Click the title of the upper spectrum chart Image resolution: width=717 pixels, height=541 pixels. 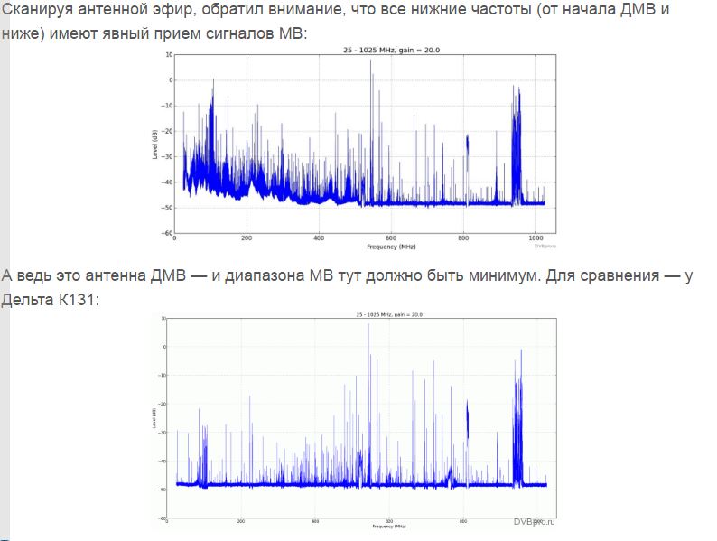(364, 48)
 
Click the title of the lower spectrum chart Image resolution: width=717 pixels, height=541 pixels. (363, 312)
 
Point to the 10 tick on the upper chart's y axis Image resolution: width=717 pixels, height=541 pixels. (168, 55)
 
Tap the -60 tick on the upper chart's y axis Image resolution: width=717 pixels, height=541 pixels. (167, 233)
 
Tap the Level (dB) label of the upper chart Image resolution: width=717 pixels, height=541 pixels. (155, 145)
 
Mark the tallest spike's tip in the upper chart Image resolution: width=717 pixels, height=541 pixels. (371, 60)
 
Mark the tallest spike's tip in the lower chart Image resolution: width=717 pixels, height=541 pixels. (368, 323)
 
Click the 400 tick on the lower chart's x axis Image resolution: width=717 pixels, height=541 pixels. (314, 521)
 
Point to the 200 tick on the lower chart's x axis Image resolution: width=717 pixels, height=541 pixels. (240, 521)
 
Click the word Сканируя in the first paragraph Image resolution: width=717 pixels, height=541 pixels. (38, 12)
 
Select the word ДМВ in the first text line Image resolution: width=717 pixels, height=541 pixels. (629, 12)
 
